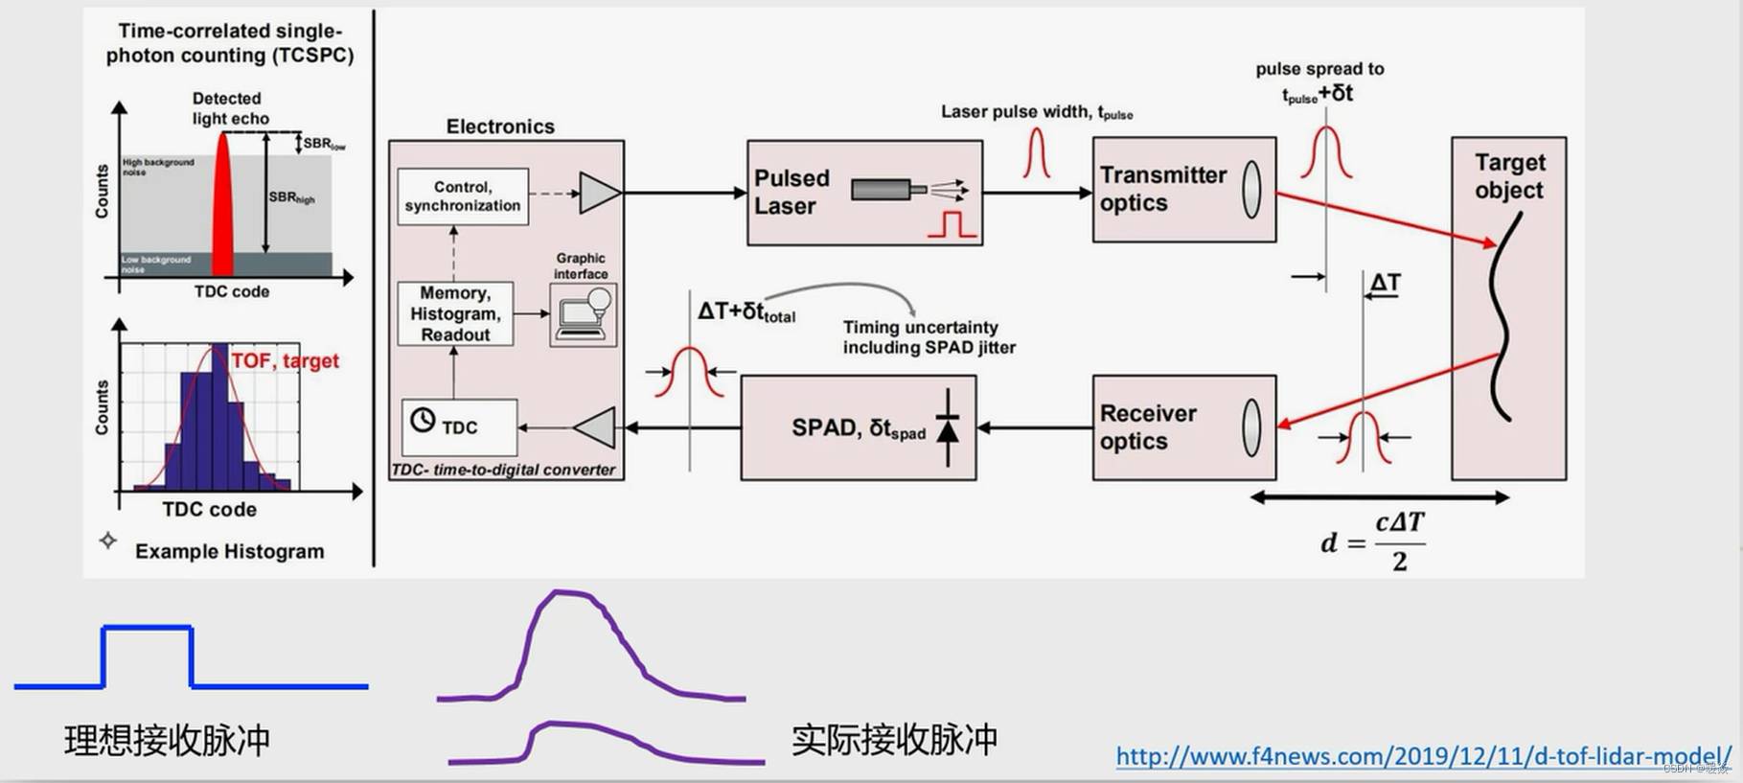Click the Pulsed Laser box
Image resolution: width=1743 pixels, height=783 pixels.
[x=863, y=193]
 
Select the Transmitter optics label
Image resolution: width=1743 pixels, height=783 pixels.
[x=1162, y=189]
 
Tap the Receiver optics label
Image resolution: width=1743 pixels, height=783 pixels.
[x=1148, y=427]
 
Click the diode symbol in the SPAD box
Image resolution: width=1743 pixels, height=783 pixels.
[x=947, y=427]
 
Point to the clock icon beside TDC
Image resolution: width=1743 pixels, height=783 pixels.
[x=423, y=420]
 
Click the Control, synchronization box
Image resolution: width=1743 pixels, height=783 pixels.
[x=462, y=196]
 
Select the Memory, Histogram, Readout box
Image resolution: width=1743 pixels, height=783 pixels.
[x=455, y=313]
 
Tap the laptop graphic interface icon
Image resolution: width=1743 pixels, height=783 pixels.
[x=584, y=314]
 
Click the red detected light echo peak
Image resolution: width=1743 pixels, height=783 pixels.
[x=223, y=206]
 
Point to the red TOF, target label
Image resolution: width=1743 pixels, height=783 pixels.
[x=286, y=360]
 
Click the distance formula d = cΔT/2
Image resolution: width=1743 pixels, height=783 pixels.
[x=1374, y=542]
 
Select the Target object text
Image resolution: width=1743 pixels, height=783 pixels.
[x=1509, y=176]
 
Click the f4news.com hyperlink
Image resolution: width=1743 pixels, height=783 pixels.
[x=1423, y=756]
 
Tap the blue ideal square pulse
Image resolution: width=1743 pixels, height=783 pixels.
[x=148, y=629]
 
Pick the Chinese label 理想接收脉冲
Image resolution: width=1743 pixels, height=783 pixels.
[x=168, y=741]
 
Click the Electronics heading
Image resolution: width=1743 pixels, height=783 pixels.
[x=500, y=127]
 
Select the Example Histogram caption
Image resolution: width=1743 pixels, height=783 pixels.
[x=229, y=551]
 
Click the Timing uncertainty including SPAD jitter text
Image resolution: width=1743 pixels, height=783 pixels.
[x=929, y=337]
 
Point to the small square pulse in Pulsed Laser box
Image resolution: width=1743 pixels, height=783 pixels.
[x=952, y=224]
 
